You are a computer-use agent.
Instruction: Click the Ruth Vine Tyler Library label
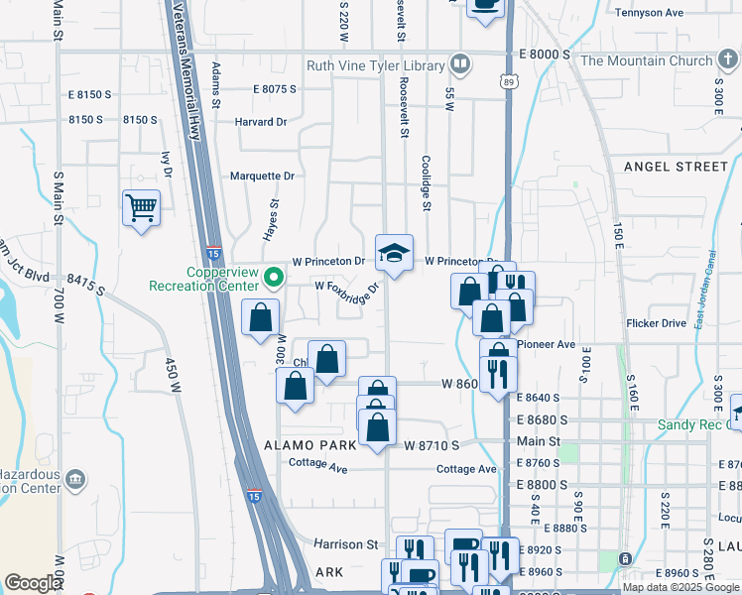pos(376,65)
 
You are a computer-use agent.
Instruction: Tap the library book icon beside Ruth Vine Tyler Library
pos(459,65)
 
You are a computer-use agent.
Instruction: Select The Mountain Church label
pos(646,60)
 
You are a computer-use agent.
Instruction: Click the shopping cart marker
pos(142,209)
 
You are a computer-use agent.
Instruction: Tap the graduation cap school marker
pos(394,254)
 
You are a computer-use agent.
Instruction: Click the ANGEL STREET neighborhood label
pos(676,167)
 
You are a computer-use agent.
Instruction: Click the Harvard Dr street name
pos(260,122)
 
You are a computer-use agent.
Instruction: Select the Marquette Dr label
pos(262,176)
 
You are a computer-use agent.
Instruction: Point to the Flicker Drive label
pos(656,323)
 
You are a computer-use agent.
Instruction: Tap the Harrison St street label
pos(346,544)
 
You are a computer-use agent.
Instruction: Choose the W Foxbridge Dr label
pos(347,288)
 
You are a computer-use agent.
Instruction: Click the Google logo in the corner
pos(33,583)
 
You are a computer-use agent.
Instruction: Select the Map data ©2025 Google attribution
pos(680,587)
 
